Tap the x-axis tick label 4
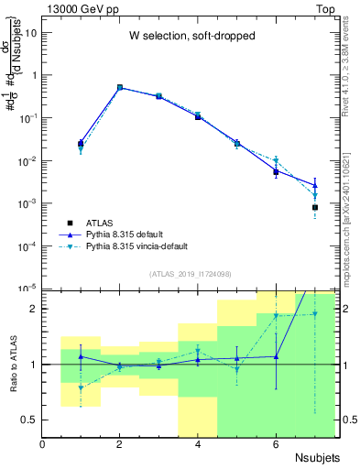coord(198,445)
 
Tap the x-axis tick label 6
coord(276,445)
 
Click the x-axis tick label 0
coord(43,445)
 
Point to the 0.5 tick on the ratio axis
coord(29,420)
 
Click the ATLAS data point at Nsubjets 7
coord(314,208)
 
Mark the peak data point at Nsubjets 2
coord(120,88)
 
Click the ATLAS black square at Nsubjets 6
coord(276,172)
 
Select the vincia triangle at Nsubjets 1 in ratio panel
coord(81,387)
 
